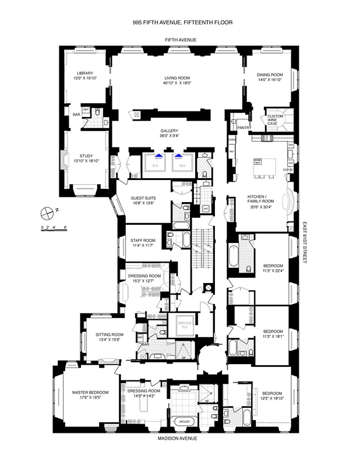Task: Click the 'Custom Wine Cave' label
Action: [276, 120]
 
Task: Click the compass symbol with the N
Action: [47, 212]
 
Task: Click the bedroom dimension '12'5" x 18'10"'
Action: [272, 398]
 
